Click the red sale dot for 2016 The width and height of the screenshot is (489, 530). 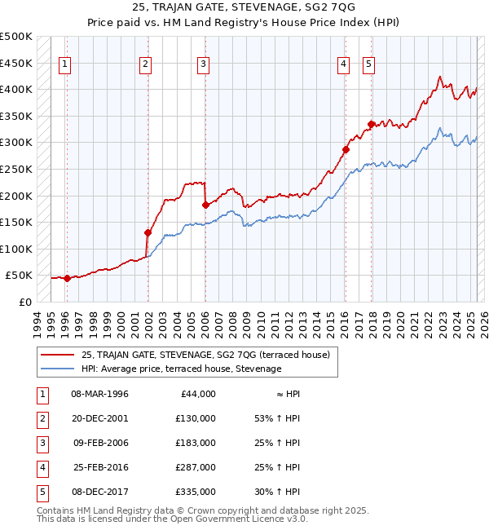point(346,149)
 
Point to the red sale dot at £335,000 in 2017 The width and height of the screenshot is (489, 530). point(371,124)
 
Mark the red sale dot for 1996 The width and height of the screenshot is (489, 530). point(67,278)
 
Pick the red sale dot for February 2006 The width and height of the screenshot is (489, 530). point(205,205)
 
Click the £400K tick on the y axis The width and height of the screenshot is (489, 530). point(15,89)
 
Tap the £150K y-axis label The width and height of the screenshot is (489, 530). point(15,222)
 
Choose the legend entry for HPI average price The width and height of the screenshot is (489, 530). point(181,369)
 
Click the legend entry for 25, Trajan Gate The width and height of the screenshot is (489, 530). point(205,355)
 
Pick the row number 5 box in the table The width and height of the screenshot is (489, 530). point(40,492)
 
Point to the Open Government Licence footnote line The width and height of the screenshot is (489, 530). point(173,519)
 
